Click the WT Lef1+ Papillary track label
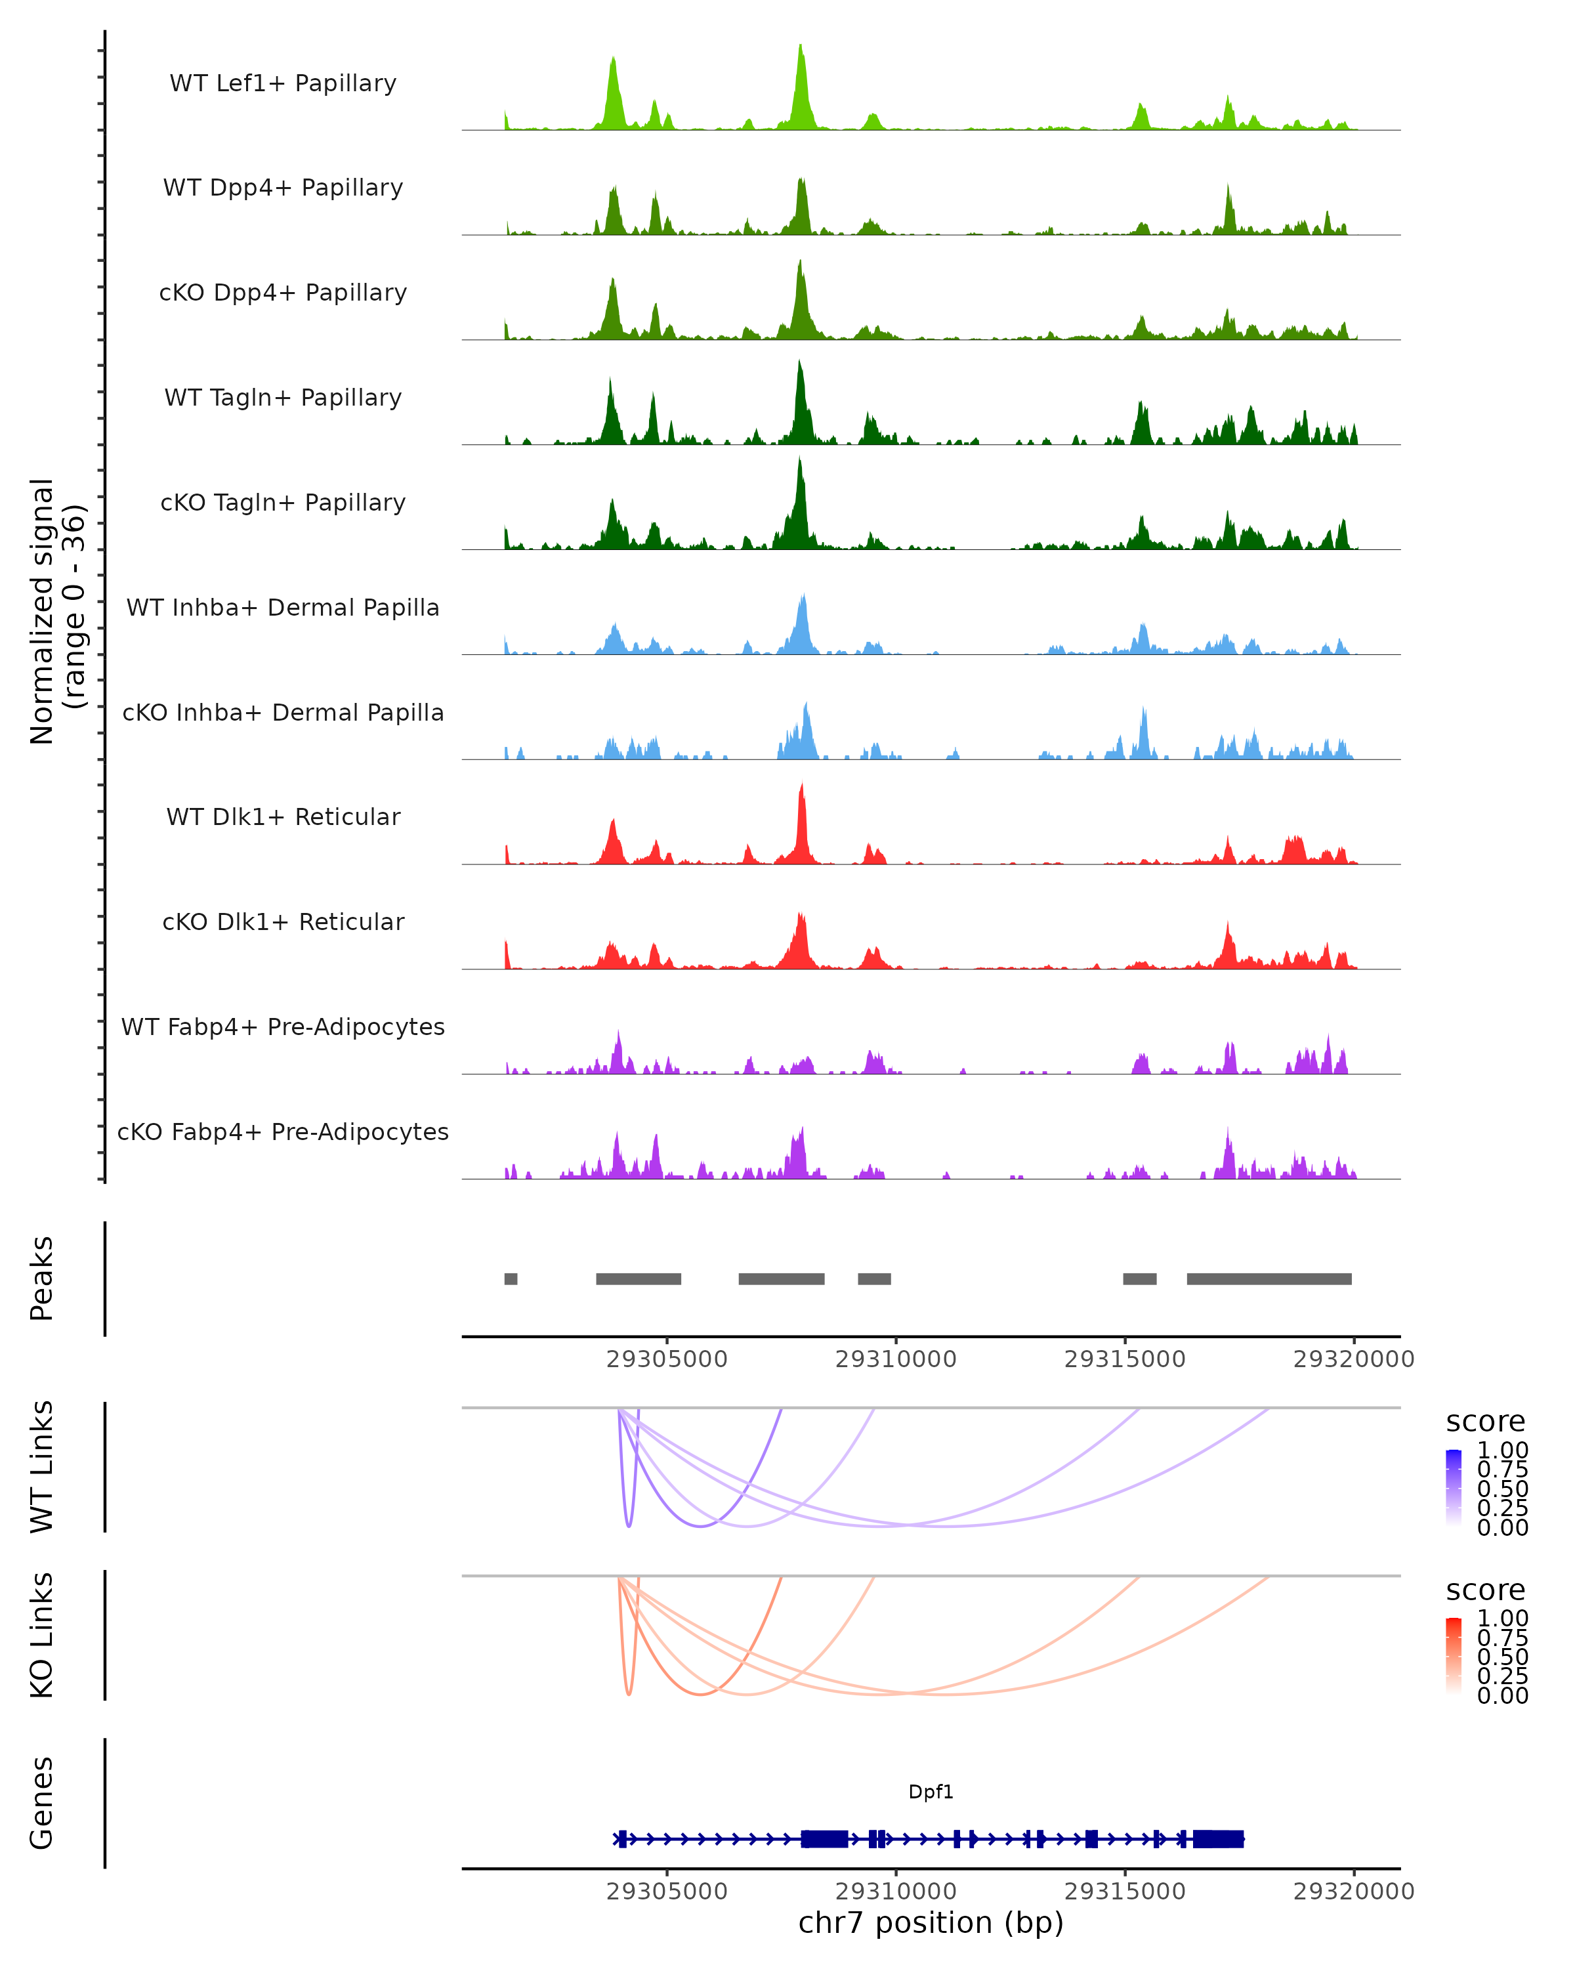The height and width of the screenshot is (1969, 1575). point(283,83)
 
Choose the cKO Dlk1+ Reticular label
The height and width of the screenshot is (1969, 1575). point(283,921)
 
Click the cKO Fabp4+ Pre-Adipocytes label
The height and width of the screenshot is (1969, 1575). point(283,1132)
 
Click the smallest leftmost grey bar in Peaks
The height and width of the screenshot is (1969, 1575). point(511,1279)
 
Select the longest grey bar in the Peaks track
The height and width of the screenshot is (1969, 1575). point(1269,1279)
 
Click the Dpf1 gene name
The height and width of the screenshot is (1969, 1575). point(931,1792)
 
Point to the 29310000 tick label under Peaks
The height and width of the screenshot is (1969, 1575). point(896,1359)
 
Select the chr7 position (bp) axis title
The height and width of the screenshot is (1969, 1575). point(931,1922)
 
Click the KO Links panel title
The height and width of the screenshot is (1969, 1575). point(42,1635)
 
